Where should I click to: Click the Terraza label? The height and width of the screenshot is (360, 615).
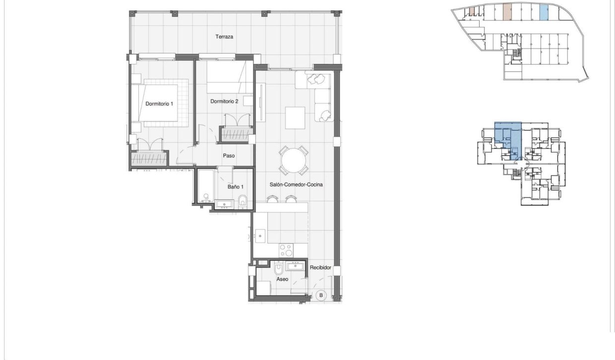[x=224, y=37]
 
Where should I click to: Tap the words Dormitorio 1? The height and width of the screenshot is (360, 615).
[x=159, y=104]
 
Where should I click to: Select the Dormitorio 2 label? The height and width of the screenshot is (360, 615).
[x=224, y=102]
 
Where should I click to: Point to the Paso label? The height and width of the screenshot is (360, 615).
[x=229, y=156]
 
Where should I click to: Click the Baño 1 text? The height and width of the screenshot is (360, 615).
[x=236, y=187]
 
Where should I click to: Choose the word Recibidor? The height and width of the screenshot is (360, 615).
[x=320, y=268]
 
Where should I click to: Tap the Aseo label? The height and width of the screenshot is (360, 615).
[x=282, y=279]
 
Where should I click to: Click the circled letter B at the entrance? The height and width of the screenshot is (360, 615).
[x=321, y=296]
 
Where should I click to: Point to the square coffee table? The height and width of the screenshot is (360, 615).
[x=295, y=118]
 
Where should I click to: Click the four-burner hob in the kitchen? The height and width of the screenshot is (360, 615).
[x=286, y=249]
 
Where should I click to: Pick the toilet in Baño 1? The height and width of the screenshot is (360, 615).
[x=243, y=201]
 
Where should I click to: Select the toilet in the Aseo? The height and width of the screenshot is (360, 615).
[x=278, y=269]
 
